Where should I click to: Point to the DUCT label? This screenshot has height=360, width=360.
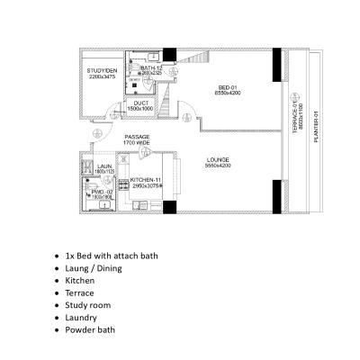(141, 103)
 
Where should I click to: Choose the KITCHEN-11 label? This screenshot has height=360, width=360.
(145, 180)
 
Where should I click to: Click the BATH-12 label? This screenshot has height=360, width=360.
(150, 68)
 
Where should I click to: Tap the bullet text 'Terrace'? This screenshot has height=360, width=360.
(84, 292)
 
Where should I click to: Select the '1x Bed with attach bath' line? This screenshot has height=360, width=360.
(112, 256)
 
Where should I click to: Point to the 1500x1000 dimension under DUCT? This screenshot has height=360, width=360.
(141, 109)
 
